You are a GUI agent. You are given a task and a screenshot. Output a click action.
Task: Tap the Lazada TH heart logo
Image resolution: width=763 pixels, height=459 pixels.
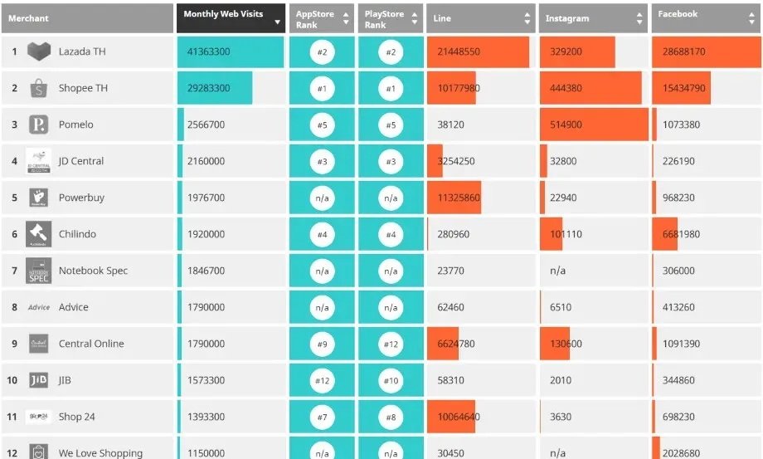click(39, 51)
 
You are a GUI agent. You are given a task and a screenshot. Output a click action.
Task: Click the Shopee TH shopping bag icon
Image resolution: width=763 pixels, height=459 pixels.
click(39, 88)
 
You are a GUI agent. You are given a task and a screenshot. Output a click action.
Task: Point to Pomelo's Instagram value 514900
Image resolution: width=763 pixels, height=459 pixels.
click(566, 125)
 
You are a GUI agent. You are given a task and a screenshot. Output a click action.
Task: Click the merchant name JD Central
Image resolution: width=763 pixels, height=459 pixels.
click(81, 161)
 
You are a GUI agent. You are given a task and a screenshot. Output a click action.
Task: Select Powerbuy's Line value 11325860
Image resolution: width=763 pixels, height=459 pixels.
click(459, 198)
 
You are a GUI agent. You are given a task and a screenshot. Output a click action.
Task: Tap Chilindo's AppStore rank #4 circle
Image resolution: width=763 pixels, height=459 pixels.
click(322, 234)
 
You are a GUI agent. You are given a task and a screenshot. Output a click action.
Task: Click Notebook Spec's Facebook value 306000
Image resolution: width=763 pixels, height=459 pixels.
click(678, 271)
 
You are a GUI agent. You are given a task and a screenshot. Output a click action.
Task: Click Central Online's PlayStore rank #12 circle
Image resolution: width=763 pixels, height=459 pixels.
click(391, 344)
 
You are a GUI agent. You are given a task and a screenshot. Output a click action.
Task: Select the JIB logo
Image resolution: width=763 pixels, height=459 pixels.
click(38, 380)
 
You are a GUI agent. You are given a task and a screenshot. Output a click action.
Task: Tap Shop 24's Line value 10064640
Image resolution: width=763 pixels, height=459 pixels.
click(459, 417)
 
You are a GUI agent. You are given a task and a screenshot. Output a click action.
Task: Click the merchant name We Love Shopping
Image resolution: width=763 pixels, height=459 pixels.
click(100, 452)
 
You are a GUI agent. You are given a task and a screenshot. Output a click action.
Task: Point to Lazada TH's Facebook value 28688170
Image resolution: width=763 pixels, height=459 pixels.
click(683, 51)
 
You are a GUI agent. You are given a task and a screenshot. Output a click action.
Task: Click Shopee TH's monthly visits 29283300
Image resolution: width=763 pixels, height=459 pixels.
click(209, 88)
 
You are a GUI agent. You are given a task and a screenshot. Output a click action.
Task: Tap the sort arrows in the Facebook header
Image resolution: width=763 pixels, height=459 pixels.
click(752, 18)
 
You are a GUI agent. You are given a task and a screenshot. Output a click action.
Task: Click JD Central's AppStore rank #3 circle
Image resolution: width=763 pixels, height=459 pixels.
click(322, 161)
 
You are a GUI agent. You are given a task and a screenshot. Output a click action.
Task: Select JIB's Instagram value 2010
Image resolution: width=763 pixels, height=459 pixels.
click(561, 380)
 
